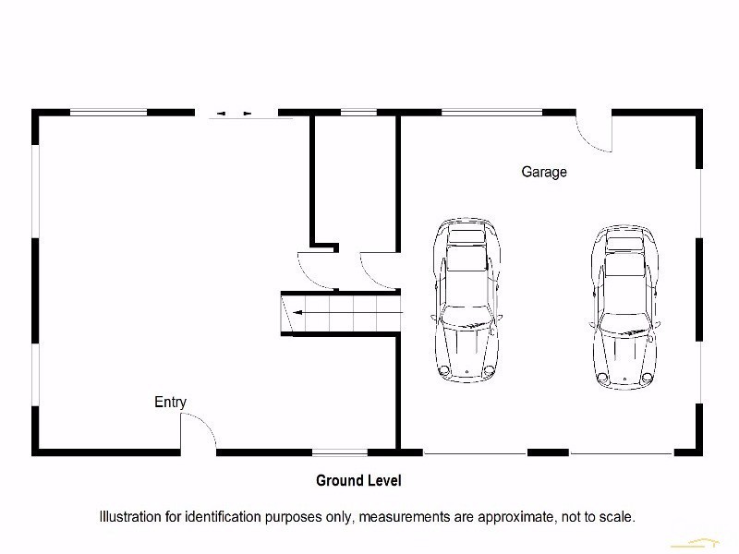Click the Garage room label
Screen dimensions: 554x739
544,172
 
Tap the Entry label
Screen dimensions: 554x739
170,402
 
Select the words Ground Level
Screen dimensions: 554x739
358,480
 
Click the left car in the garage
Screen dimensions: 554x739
467,299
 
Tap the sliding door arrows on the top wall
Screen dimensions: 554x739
235,114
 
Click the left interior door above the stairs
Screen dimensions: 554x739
312,266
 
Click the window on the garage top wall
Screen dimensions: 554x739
491,113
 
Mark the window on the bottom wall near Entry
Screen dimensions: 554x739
339,452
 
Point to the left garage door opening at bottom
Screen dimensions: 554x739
475,453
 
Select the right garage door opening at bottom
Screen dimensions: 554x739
621,453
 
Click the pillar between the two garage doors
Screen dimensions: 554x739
548,452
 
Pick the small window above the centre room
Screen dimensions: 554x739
354,113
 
